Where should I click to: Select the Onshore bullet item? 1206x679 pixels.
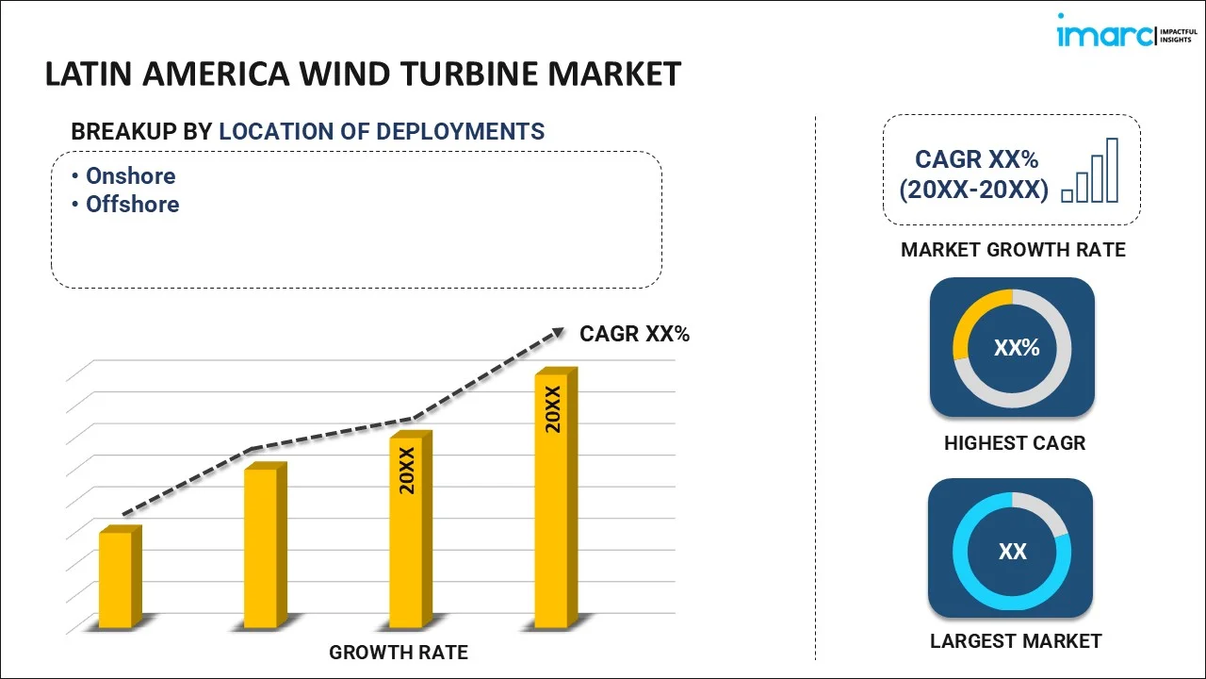(130, 176)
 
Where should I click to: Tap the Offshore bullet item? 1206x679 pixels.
(132, 205)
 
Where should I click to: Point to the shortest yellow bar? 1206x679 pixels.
(116, 579)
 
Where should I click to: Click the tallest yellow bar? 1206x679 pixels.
(551, 500)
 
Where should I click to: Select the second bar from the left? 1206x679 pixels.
(261, 547)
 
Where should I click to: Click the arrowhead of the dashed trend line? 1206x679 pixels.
(558, 332)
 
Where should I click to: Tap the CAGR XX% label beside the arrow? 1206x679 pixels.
(634, 333)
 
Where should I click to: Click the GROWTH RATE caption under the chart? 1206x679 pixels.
(398, 652)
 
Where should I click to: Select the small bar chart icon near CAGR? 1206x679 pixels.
(1090, 172)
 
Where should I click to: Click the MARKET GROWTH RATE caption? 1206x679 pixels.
(1013, 250)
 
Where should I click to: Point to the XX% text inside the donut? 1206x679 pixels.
(1016, 348)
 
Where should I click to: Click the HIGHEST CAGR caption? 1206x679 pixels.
(1015, 442)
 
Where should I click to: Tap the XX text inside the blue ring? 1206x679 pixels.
(1012, 552)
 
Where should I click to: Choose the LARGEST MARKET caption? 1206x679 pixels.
(1015, 641)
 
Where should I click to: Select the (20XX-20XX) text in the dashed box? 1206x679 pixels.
(973, 190)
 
